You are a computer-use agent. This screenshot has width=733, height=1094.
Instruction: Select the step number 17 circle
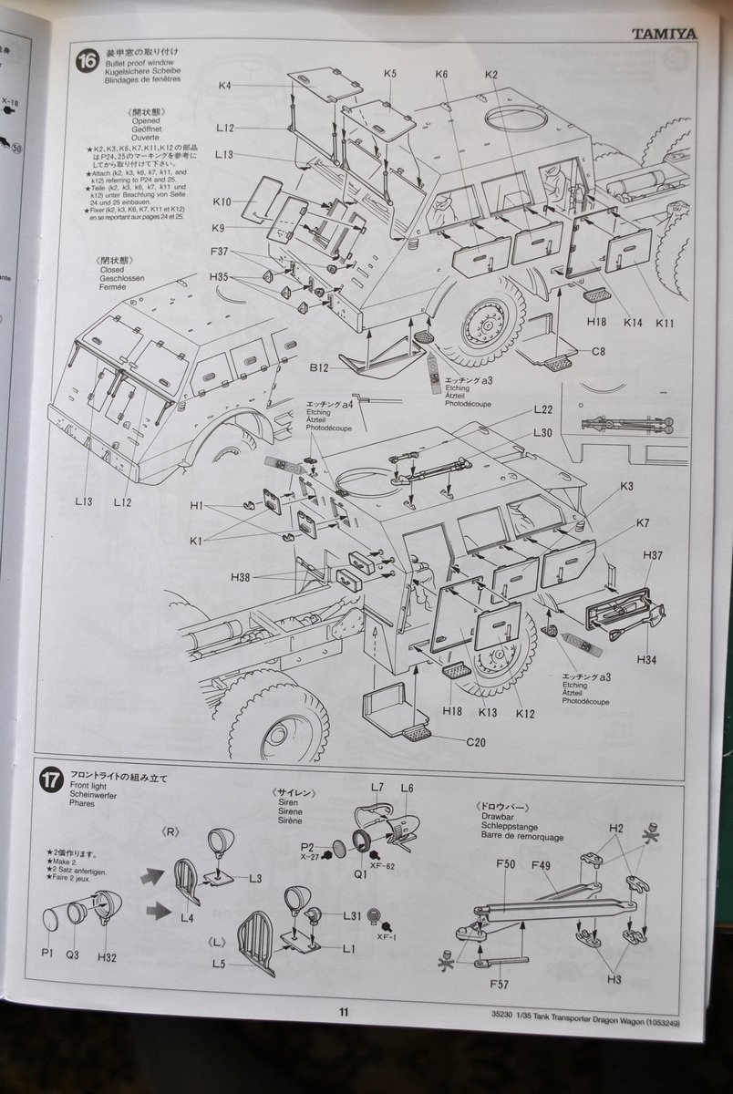pos(52,779)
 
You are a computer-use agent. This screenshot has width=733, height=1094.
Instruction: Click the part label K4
pos(226,86)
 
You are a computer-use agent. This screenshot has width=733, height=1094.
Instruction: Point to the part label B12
pos(318,368)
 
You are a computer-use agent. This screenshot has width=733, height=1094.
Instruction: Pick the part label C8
pos(598,352)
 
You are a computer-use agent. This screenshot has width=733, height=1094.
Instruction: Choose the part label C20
pos(475,742)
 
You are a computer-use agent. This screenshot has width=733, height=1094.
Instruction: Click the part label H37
pos(652,555)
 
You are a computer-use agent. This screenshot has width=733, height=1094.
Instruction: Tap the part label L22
pos(543,411)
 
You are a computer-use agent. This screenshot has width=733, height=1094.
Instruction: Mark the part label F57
pos(499,984)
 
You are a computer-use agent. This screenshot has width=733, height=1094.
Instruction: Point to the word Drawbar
pos(493,818)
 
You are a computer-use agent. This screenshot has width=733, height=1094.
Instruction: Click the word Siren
pos(291,801)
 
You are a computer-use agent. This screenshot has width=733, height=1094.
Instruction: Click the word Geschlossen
pos(123,279)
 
